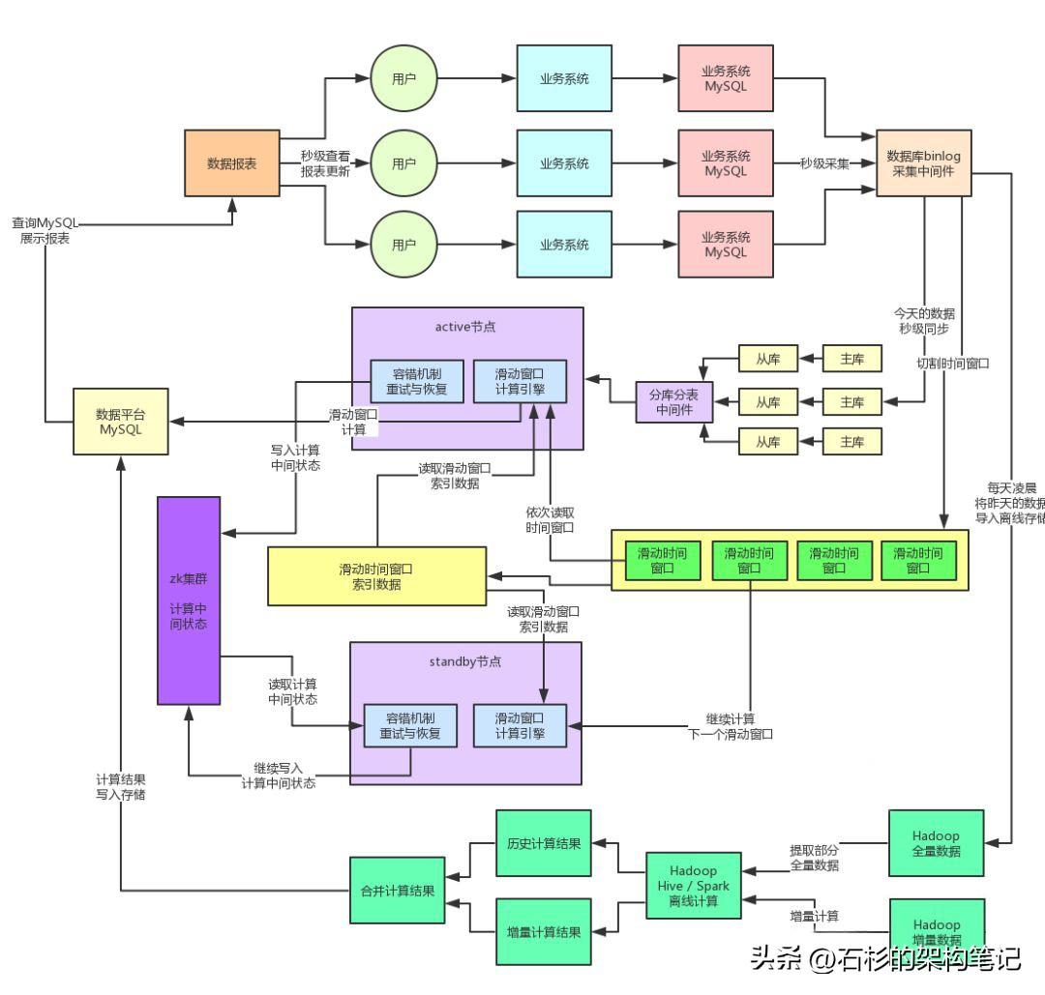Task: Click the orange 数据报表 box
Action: pos(232,163)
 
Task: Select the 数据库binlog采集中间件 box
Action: pos(923,163)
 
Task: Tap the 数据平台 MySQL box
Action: pos(120,422)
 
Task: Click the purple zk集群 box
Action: pos(189,600)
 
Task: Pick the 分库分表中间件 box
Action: pos(673,402)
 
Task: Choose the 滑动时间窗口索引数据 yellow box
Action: pos(376,576)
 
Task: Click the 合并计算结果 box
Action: pos(397,891)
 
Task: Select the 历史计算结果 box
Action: pos(543,843)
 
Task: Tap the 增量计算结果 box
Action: pos(543,932)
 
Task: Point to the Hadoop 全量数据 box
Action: pos(936,843)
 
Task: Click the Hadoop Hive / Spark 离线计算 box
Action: pos(693,886)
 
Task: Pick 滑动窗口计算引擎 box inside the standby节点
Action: pos(519,726)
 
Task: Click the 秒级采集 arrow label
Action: pos(824,163)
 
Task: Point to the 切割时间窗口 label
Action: pos(952,365)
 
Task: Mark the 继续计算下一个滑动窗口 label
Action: pos(731,726)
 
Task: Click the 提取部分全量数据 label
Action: pos(815,858)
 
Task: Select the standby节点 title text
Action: pos(465,662)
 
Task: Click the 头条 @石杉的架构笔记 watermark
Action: pos(884,958)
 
